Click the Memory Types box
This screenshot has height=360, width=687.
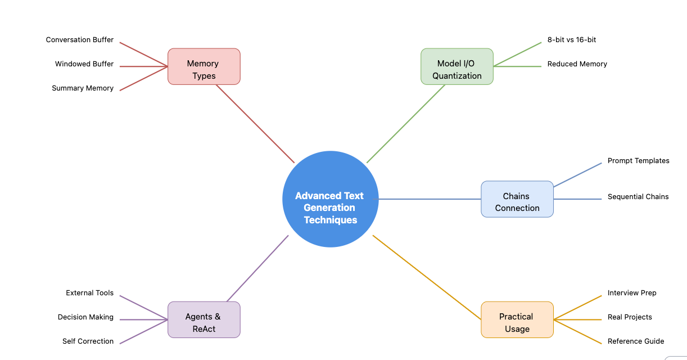click(204, 66)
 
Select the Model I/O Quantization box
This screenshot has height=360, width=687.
click(457, 66)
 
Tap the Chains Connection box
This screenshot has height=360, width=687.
click(517, 199)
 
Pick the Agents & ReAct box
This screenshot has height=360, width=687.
click(204, 319)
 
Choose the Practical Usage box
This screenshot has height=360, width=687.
click(517, 319)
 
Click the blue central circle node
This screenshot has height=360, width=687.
click(331, 199)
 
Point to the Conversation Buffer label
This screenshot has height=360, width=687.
click(80, 39)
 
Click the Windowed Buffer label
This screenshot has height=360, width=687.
click(84, 64)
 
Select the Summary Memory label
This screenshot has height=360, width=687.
click(83, 88)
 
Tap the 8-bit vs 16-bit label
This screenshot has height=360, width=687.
click(572, 39)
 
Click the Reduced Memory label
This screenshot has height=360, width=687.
click(577, 64)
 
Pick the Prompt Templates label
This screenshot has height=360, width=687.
click(639, 160)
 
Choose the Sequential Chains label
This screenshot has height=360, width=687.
click(638, 196)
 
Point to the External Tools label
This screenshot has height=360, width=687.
click(89, 293)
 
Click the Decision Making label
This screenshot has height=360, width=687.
click(85, 317)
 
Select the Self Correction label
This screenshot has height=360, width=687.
click(88, 341)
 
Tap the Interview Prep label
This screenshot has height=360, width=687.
click(632, 293)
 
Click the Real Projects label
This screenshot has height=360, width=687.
click(630, 317)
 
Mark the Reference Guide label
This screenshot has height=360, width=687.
click(636, 341)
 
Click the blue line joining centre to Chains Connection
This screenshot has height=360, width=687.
click(430, 199)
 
